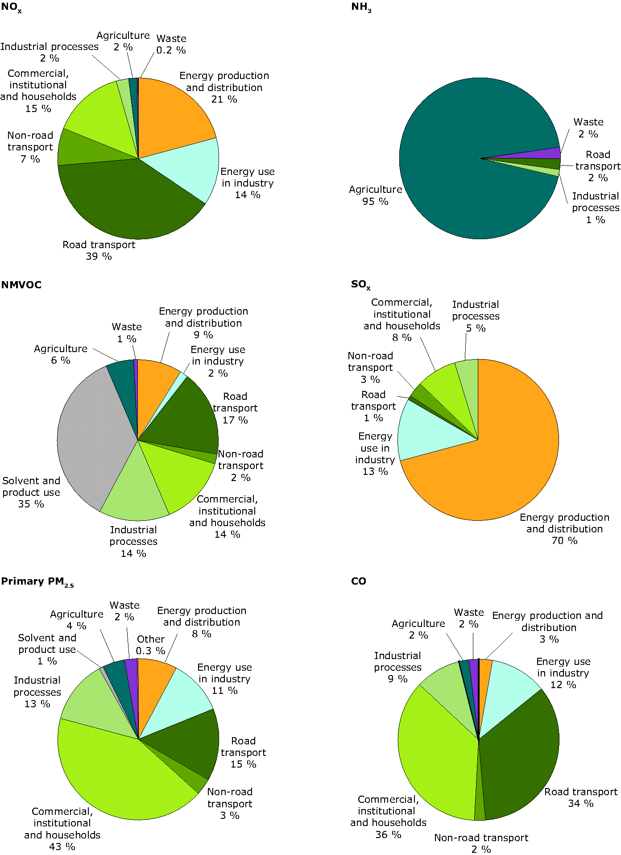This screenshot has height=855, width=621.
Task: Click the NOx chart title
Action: point(11,8)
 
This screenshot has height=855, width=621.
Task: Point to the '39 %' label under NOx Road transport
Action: point(99,257)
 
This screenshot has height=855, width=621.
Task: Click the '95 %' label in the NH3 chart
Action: point(375,202)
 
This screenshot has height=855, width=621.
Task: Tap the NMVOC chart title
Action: point(21,285)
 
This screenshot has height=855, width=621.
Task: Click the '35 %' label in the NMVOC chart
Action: point(31,504)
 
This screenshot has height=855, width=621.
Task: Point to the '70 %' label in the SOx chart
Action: point(564,541)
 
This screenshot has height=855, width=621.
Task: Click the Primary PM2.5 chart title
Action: point(37,582)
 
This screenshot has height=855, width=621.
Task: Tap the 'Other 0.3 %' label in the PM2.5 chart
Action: point(151,645)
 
